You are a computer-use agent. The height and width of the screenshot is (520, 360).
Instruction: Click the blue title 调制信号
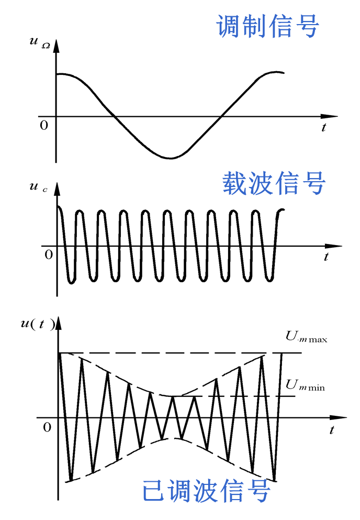pos(267,25)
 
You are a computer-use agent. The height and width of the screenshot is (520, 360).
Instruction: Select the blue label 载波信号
pos(274,183)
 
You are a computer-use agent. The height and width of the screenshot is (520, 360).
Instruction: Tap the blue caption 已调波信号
pos(207,491)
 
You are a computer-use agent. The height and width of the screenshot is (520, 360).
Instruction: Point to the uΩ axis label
pos(40,42)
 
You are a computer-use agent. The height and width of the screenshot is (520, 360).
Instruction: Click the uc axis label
pos(38,187)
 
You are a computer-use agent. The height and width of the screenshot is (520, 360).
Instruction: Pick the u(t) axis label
pos(37,323)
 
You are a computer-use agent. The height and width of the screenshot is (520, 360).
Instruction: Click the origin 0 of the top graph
pos(44,125)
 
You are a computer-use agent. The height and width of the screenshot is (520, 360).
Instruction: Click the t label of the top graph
pos(324,127)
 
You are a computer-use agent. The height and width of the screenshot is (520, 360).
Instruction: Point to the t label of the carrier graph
pos(326,257)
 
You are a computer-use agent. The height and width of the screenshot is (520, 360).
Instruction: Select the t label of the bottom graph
pos(332,430)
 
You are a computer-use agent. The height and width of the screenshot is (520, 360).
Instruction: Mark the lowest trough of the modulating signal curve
pos(171,158)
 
